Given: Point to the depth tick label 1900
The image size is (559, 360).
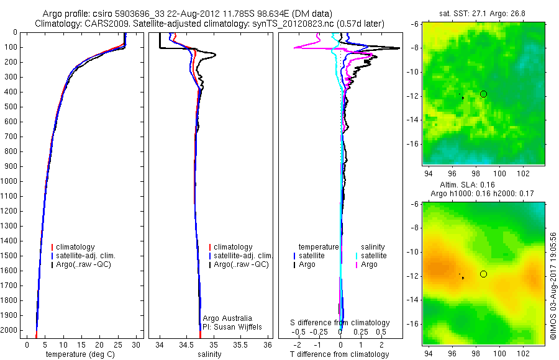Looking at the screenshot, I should click(11, 315).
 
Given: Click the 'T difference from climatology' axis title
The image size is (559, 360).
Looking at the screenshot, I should click(340, 354).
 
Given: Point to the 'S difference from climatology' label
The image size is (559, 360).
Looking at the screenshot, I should click(340, 323).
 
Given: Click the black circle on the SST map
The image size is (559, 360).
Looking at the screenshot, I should click(483, 94).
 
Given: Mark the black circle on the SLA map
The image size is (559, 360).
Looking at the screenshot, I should click(483, 274).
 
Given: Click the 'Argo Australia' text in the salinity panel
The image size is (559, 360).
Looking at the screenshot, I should click(228, 318).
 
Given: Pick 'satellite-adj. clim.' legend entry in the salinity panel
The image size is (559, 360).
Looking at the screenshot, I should click(242, 256).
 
